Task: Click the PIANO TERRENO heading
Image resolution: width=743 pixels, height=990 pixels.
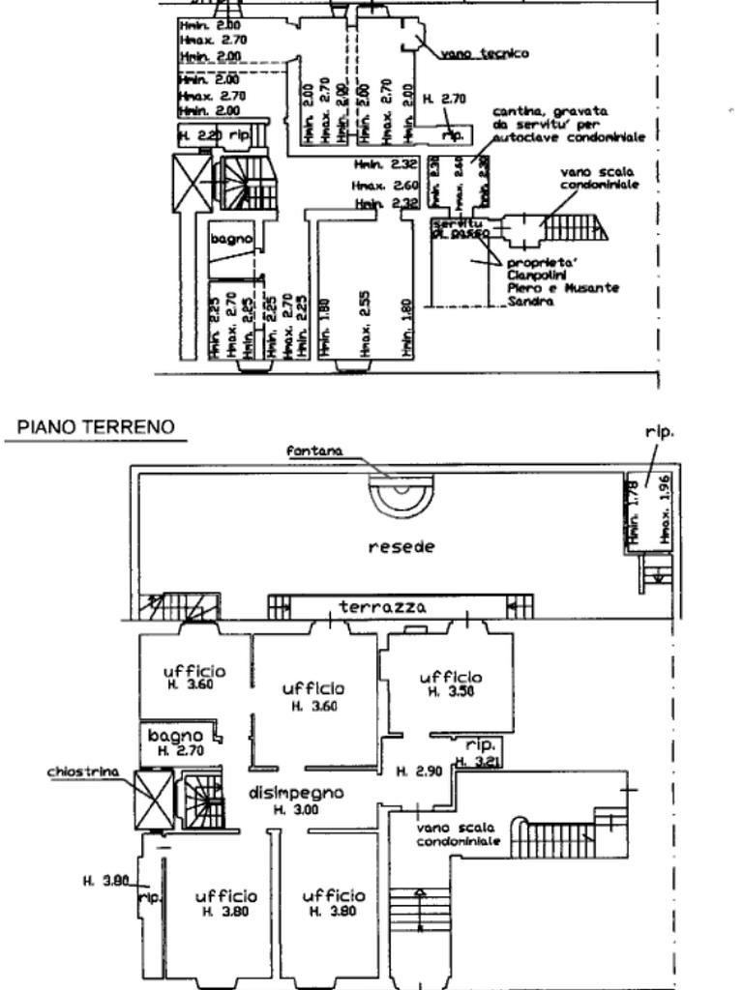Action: [95, 426]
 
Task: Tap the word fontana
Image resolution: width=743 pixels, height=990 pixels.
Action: [314, 451]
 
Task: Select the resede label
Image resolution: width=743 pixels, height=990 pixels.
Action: [401, 546]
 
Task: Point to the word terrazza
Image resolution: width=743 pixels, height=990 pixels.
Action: [382, 607]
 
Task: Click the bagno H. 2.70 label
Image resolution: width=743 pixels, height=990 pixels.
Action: [176, 742]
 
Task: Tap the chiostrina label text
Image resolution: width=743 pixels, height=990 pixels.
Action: [83, 772]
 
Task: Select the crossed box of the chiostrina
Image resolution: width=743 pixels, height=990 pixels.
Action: [154, 799]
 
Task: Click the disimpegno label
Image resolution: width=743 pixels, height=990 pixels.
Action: [296, 794]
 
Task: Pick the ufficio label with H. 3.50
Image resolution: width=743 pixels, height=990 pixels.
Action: [450, 684]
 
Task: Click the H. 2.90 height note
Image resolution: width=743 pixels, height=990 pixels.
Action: [418, 772]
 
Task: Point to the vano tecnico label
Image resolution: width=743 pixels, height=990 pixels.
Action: [484, 53]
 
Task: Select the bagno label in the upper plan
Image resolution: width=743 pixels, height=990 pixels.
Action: [231, 238]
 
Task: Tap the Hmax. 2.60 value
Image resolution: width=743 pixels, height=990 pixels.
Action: [385, 185]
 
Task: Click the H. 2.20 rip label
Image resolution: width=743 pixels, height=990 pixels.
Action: [214, 137]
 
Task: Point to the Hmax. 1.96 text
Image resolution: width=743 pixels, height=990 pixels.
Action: [663, 508]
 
